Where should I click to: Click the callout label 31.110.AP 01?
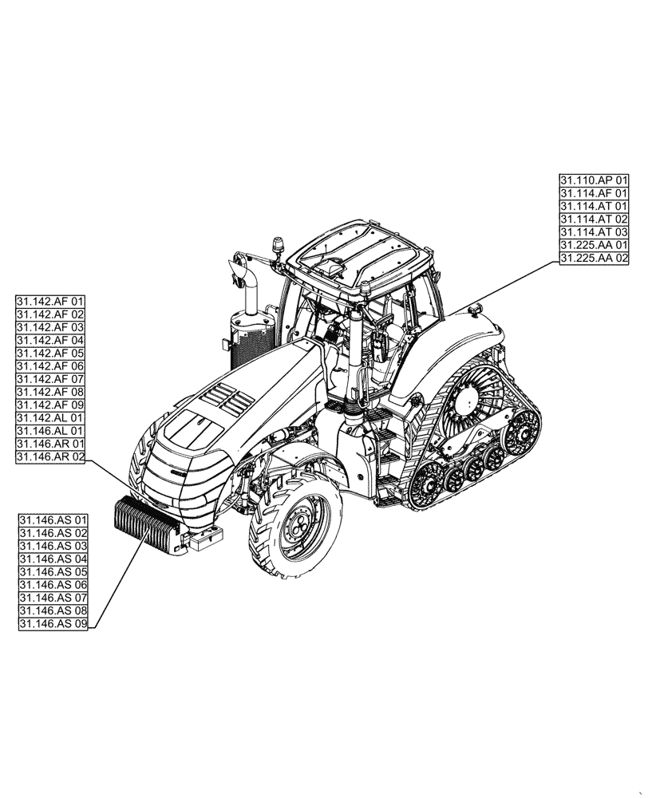(594, 180)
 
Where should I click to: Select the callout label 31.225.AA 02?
(594, 259)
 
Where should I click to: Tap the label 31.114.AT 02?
(594, 219)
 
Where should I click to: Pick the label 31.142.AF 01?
(50, 302)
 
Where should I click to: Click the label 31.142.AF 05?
(50, 354)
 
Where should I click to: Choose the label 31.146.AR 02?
(50, 457)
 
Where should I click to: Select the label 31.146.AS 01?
(53, 521)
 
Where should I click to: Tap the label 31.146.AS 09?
(53, 624)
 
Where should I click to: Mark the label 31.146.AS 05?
(53, 573)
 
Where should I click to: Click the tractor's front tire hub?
(297, 527)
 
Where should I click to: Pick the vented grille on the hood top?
(225, 397)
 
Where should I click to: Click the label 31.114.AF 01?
(594, 193)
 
